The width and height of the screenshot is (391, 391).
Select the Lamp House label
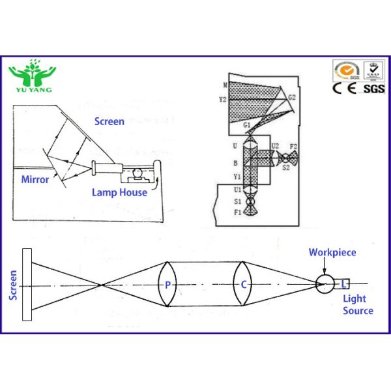(119, 192)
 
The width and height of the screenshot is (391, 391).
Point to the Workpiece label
(332, 252)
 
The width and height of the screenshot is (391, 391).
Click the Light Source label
(358, 304)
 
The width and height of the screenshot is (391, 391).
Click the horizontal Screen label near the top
(109, 121)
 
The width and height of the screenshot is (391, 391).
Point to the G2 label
(293, 97)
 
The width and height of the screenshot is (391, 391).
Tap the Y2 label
(223, 100)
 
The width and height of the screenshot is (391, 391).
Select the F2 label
(293, 146)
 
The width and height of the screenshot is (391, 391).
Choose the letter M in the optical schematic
(224, 85)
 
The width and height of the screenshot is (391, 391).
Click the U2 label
(275, 146)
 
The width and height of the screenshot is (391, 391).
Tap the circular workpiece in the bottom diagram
(324, 283)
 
